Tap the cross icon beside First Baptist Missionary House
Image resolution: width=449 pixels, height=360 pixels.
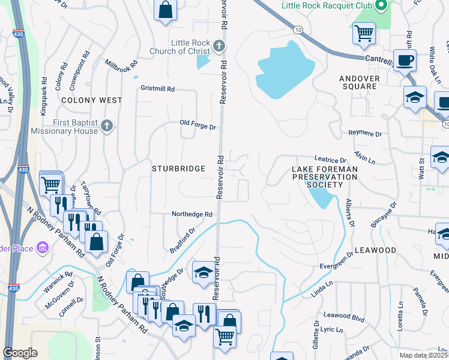[107, 125]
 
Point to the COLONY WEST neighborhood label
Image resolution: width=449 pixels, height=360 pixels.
[91, 100]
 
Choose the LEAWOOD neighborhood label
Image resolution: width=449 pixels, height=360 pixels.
[375, 250]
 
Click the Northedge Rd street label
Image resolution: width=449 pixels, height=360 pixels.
[192, 214]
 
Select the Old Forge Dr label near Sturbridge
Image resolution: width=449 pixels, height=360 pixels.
[197, 124]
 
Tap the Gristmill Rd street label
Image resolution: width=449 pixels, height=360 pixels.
[158, 88]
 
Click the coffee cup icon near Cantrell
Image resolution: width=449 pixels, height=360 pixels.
[406, 61]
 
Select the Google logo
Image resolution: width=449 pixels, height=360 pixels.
[20, 353]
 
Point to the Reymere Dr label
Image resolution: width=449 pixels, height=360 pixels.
[365, 133]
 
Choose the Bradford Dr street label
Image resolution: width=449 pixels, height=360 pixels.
[183, 240]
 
